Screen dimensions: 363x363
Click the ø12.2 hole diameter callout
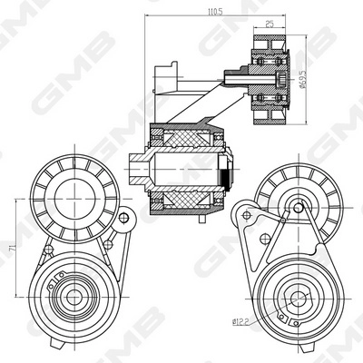tap(240, 320)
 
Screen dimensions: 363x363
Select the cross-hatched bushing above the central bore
tap(186, 139)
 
